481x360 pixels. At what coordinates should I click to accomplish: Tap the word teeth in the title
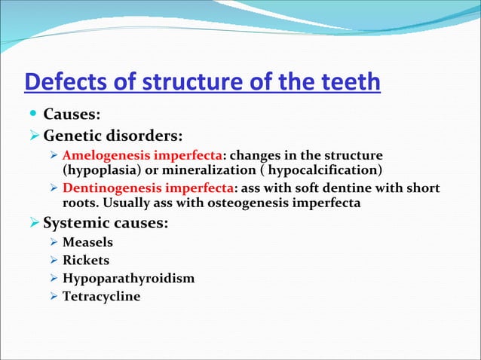click(x=348, y=81)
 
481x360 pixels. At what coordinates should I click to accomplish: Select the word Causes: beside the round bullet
click(x=72, y=115)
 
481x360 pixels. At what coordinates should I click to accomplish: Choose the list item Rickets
click(x=86, y=261)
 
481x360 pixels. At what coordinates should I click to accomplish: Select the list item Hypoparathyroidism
click(x=128, y=279)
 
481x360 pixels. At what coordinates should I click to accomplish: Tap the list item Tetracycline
click(x=101, y=297)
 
